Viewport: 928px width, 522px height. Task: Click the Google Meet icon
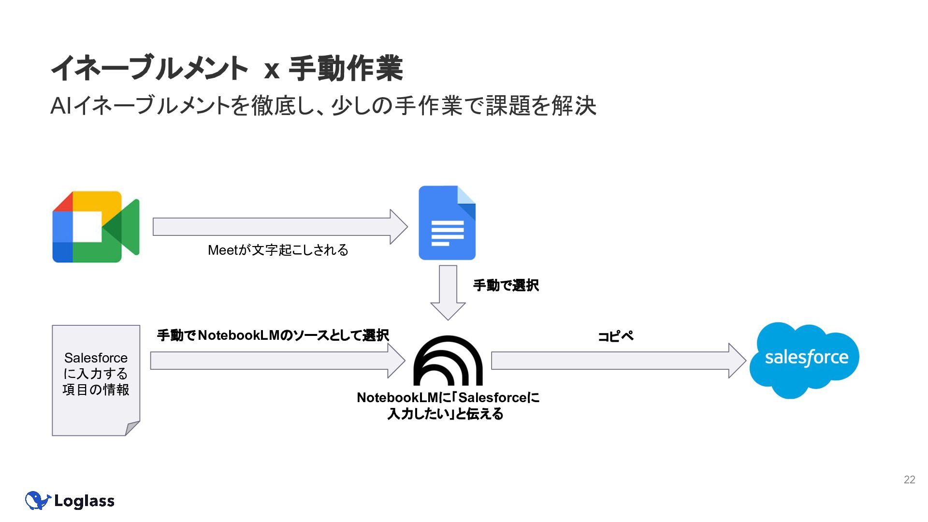pyautogui.click(x=96, y=227)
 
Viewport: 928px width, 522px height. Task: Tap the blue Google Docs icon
pyautogui.click(x=447, y=223)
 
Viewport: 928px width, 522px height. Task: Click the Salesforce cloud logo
pyautogui.click(x=805, y=360)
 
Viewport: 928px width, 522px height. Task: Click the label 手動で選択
pyautogui.click(x=506, y=285)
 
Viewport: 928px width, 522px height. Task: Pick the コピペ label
pyautogui.click(x=615, y=336)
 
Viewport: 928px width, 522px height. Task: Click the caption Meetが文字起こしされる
pyautogui.click(x=278, y=250)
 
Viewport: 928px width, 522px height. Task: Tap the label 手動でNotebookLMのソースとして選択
pyautogui.click(x=273, y=335)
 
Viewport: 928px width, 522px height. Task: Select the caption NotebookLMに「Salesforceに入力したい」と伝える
pyautogui.click(x=448, y=406)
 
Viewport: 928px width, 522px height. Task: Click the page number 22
pyautogui.click(x=909, y=479)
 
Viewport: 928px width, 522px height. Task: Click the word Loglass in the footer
pyautogui.click(x=85, y=501)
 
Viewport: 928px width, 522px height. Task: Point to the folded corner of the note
pyautogui.click(x=132, y=428)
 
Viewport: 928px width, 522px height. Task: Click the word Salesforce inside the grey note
pyautogui.click(x=96, y=358)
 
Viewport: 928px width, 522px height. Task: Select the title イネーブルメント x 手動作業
pyautogui.click(x=227, y=68)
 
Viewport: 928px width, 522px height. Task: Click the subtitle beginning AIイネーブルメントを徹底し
pyautogui.click(x=323, y=106)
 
